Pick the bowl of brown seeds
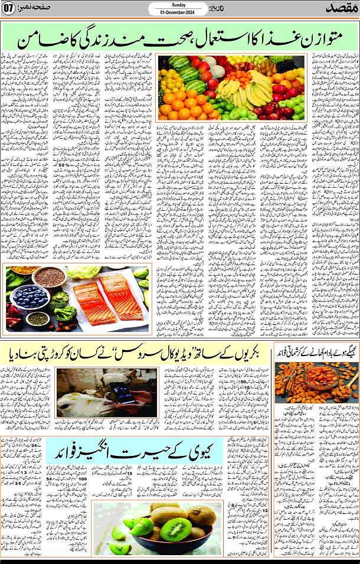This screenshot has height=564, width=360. (50, 276)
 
